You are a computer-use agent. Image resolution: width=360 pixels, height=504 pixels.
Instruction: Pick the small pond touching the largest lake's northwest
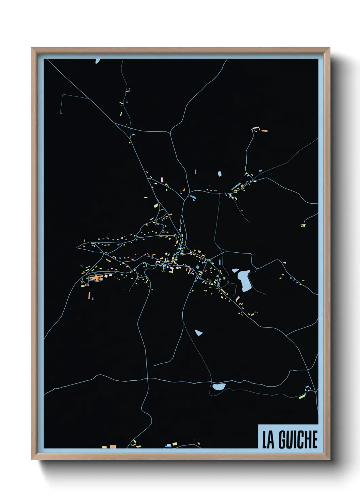[235, 271]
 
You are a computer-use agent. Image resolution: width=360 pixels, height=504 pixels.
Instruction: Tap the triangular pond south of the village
[199, 332]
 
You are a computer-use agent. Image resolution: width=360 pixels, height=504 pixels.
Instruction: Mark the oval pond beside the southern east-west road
[219, 387]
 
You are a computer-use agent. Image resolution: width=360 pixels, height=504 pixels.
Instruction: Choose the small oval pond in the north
[220, 174]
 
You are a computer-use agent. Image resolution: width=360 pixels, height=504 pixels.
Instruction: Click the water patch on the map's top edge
[98, 61]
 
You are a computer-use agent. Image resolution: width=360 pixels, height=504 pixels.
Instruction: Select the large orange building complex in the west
[96, 279]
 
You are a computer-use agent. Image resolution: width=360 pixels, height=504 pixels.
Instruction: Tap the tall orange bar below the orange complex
[89, 295]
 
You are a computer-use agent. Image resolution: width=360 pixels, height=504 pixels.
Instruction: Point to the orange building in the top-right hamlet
[264, 131]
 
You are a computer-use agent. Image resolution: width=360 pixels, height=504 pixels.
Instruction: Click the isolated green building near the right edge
[303, 225]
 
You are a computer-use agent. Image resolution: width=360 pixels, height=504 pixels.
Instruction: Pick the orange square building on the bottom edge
[113, 446]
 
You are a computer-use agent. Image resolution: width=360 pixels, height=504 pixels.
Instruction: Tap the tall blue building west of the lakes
[220, 262]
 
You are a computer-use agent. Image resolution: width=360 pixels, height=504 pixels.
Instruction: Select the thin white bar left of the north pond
[196, 172]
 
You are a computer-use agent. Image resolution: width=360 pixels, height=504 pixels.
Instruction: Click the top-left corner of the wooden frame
[32, 48]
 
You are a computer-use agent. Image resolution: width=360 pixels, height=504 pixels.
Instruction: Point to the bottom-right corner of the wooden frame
[329, 459]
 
